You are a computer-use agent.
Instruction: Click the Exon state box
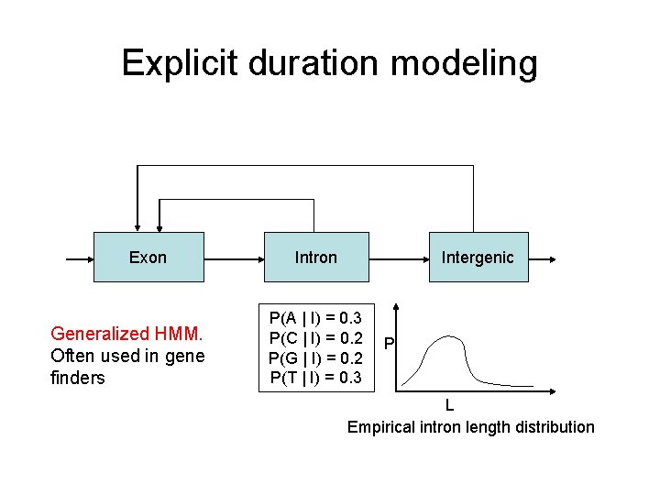click(148, 257)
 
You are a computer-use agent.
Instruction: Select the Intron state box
click(315, 257)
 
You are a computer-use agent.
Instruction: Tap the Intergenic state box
click(478, 257)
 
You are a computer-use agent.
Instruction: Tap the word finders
click(78, 378)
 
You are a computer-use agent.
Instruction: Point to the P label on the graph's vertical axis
click(389, 345)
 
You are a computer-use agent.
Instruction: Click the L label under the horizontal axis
click(448, 404)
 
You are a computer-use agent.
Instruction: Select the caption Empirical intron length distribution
click(470, 427)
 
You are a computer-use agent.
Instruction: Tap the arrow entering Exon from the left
click(80, 258)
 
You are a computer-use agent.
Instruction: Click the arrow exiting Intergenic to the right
click(541, 258)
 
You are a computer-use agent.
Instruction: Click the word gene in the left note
click(183, 356)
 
